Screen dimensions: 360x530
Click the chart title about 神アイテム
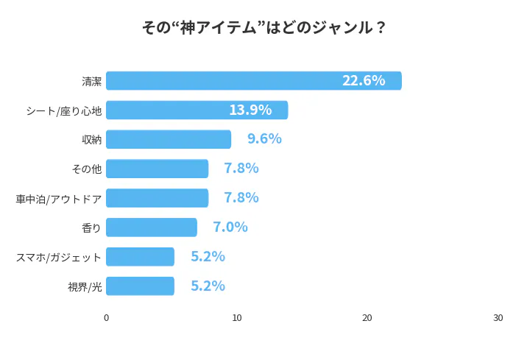pos(264,28)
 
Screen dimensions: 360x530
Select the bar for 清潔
pos(253,80)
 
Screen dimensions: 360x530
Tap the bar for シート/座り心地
pos(197,110)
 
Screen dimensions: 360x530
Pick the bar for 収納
pos(169,139)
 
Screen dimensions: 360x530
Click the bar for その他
pos(157,169)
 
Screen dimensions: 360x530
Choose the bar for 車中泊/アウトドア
pos(157,198)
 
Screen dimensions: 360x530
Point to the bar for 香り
pos(152,227)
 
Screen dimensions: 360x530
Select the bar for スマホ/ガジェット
pos(140,256)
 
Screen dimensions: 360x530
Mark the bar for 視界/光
pos(140,286)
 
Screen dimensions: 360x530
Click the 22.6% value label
pos(364,80)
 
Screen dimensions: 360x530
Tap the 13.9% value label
pos(250,110)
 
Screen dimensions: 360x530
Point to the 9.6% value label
pos(264,139)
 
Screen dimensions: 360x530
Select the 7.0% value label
pos(230,227)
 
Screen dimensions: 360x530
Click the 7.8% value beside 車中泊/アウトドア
pos(241,198)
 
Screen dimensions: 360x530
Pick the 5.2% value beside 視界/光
pos(208,286)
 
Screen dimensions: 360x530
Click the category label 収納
pos(92,139)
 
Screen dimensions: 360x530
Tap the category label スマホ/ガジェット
pos(59,257)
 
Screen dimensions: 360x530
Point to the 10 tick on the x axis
pos(237,318)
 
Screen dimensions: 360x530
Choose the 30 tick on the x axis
pos(498,318)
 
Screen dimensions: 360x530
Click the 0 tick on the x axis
pos(107,318)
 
